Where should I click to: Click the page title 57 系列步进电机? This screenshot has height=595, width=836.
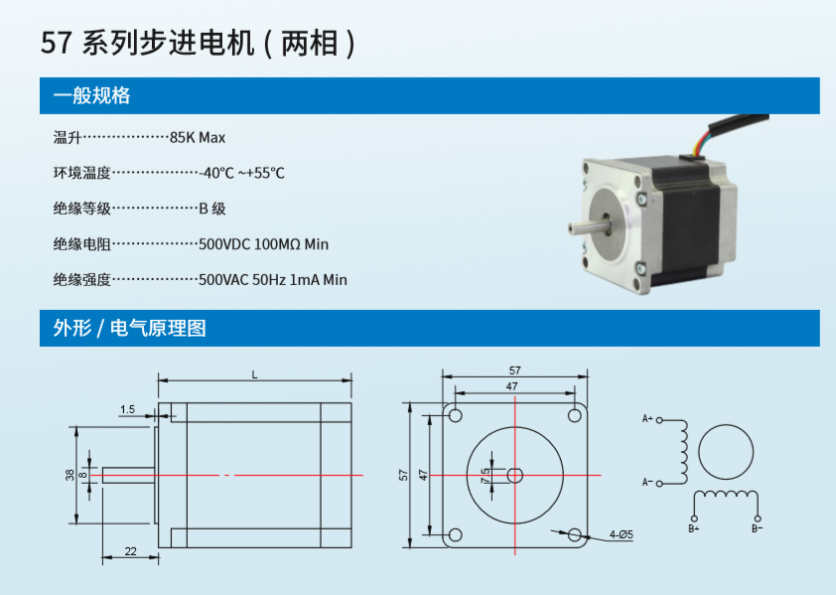(x=148, y=44)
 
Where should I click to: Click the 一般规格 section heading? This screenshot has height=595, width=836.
(x=91, y=96)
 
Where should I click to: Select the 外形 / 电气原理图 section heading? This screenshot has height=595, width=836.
(x=129, y=328)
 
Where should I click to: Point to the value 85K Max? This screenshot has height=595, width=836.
(x=198, y=138)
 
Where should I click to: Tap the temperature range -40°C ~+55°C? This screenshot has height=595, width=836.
(x=241, y=173)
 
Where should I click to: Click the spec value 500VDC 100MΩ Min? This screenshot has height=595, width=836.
(x=263, y=244)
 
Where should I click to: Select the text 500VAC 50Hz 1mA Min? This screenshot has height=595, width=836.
(x=272, y=280)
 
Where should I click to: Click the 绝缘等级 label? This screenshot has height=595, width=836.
(x=81, y=209)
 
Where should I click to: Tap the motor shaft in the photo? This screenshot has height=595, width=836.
(x=590, y=227)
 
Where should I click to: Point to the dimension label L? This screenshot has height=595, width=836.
(x=254, y=375)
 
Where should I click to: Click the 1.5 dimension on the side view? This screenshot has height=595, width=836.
(x=127, y=409)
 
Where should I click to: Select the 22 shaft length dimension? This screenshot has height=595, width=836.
(x=131, y=551)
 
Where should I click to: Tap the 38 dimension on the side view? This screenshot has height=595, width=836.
(x=70, y=475)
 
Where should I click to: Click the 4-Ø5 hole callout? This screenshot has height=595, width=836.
(x=622, y=534)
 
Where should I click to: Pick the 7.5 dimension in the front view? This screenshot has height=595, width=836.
(x=486, y=476)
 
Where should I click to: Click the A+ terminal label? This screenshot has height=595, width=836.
(x=647, y=418)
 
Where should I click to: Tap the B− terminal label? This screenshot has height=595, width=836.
(x=758, y=528)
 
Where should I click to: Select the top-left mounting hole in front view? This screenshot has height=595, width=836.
(x=455, y=415)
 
